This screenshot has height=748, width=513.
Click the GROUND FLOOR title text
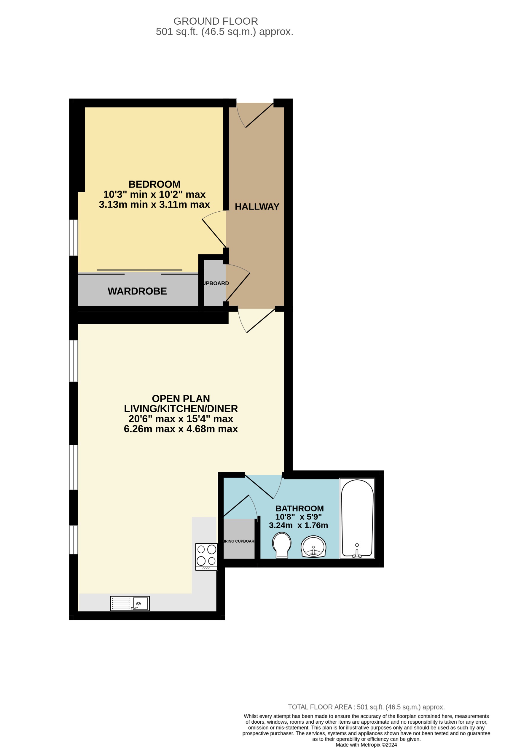coord(216,21)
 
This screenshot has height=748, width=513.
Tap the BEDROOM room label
coord(154,184)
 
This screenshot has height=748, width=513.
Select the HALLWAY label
coord(257,207)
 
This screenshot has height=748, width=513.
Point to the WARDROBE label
coord(137,291)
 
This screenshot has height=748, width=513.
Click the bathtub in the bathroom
coord(357,518)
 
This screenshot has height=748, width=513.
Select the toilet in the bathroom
coord(282,545)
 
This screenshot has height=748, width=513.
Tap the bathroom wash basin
coord(313,546)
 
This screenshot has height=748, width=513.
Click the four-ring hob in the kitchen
coord(206,557)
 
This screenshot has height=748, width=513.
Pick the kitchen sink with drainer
coord(130,603)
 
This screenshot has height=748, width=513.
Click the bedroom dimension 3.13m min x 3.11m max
coord(154,205)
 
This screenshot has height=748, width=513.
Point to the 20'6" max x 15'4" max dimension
coord(181,419)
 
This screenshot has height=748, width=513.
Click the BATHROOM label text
coord(299,508)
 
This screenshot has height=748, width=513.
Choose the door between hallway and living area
coord(256,321)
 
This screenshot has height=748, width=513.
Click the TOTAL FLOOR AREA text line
coord(366,707)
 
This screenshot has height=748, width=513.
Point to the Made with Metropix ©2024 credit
coord(366,744)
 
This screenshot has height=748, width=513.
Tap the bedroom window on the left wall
coord(74,237)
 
